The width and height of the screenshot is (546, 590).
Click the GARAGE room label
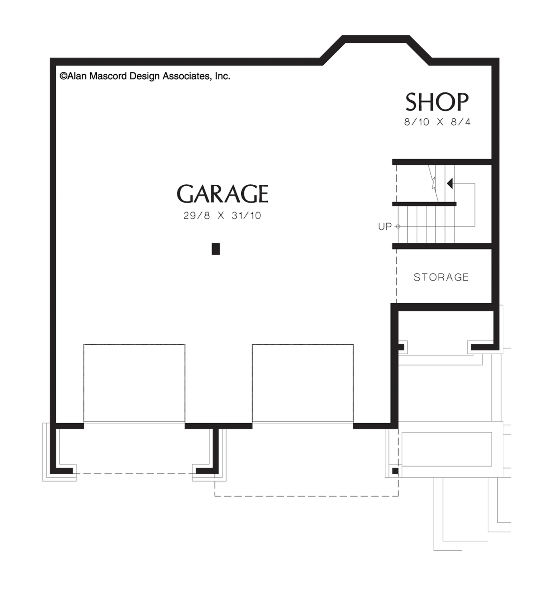(x=223, y=194)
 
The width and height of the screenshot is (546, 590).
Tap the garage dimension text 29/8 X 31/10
(x=223, y=215)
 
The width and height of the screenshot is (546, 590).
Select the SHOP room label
(x=437, y=102)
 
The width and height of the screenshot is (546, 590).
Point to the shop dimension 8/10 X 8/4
(x=437, y=122)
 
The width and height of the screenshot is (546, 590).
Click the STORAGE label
(x=441, y=277)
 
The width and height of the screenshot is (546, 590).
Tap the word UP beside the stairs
(x=385, y=227)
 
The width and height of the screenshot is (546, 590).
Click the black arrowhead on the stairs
(x=450, y=183)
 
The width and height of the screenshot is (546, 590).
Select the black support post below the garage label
(x=216, y=249)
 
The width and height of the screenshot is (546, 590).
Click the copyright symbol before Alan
(x=63, y=76)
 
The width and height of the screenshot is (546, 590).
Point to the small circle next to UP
(x=398, y=227)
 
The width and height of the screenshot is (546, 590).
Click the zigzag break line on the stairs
(x=433, y=183)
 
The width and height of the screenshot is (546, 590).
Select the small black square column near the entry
(x=395, y=471)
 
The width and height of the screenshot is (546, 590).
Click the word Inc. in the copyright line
(x=223, y=76)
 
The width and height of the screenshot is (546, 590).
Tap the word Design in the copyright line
(x=145, y=76)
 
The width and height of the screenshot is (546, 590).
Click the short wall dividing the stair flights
(x=424, y=204)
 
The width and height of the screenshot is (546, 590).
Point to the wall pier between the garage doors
(x=218, y=426)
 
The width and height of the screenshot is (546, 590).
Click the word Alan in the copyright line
(x=77, y=76)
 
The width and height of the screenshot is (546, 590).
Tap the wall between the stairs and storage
(x=442, y=246)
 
